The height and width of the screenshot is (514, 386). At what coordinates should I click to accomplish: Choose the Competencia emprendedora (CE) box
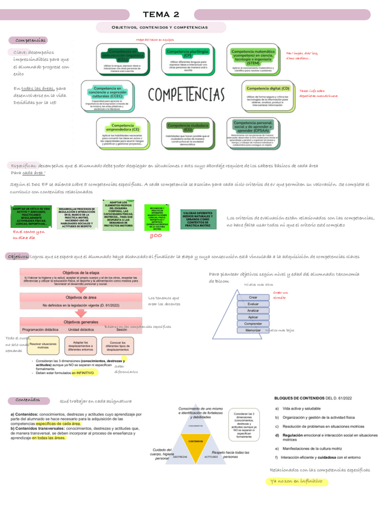click(x=122, y=135)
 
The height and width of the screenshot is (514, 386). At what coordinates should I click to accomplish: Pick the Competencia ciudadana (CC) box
click(x=188, y=135)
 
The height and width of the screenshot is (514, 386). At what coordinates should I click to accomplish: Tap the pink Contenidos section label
click(x=28, y=400)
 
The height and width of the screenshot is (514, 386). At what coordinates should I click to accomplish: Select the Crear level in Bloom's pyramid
click(x=253, y=298)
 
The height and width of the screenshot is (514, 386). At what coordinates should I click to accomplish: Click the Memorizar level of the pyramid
click(x=253, y=330)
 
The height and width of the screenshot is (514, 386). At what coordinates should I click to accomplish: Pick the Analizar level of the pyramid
click(x=253, y=311)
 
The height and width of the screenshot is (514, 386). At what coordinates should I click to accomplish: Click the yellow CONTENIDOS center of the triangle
click(x=195, y=441)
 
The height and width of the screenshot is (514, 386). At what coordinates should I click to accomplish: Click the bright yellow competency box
click(x=157, y=216)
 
